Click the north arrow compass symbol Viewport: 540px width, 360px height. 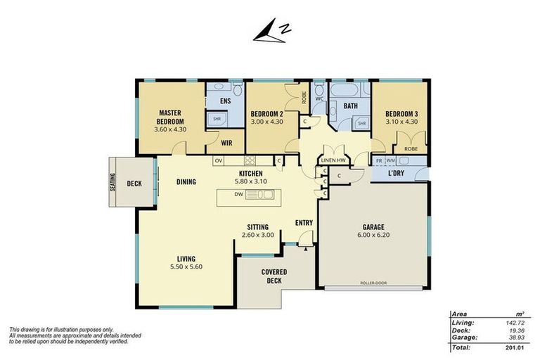(x=272, y=32)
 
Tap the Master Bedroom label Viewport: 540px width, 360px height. (x=170, y=117)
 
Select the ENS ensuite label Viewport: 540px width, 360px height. (x=225, y=101)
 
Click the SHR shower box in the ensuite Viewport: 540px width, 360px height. (x=217, y=119)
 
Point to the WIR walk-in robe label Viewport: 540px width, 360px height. (x=226, y=143)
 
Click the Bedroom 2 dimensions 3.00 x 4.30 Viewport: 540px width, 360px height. (x=267, y=122)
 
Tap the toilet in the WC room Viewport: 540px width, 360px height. (x=319, y=90)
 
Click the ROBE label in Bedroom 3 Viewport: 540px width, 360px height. (x=411, y=149)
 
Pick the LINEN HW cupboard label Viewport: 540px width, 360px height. (x=333, y=160)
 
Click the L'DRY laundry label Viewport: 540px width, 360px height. (x=396, y=173)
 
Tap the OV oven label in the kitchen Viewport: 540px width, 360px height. (x=219, y=160)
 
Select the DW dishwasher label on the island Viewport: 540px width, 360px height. (x=238, y=194)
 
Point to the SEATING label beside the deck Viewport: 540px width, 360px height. (x=113, y=182)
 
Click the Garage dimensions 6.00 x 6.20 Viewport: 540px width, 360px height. (x=373, y=235)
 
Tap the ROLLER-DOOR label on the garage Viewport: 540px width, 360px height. (x=373, y=283)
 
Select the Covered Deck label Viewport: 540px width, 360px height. (x=274, y=276)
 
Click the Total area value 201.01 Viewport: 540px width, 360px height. (x=515, y=347)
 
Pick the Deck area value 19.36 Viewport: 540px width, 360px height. (x=516, y=330)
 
